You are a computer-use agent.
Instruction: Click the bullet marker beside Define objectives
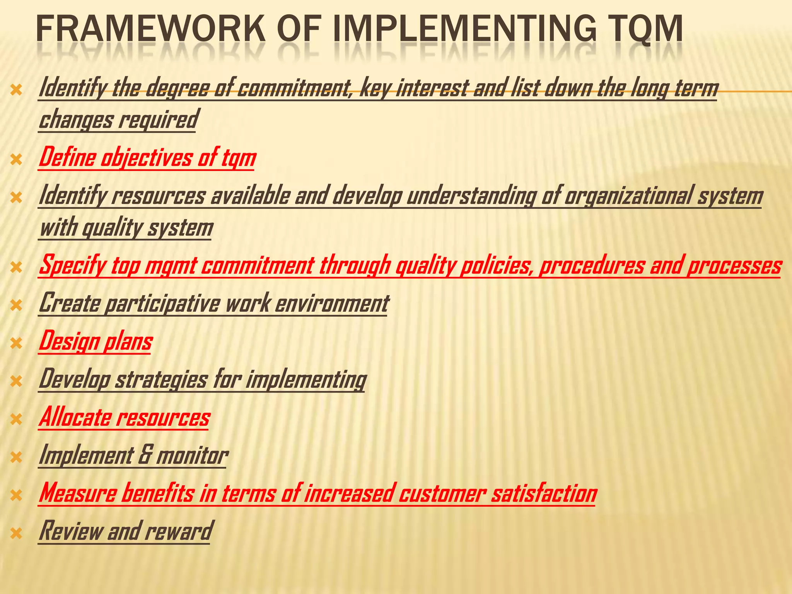tap(17, 159)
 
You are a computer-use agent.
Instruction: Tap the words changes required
tap(118, 120)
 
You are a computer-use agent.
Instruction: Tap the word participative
tap(162, 304)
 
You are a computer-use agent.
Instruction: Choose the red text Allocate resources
tap(124, 418)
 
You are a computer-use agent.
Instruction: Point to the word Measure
tap(77, 493)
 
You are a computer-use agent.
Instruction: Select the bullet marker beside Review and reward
tap(17, 534)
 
